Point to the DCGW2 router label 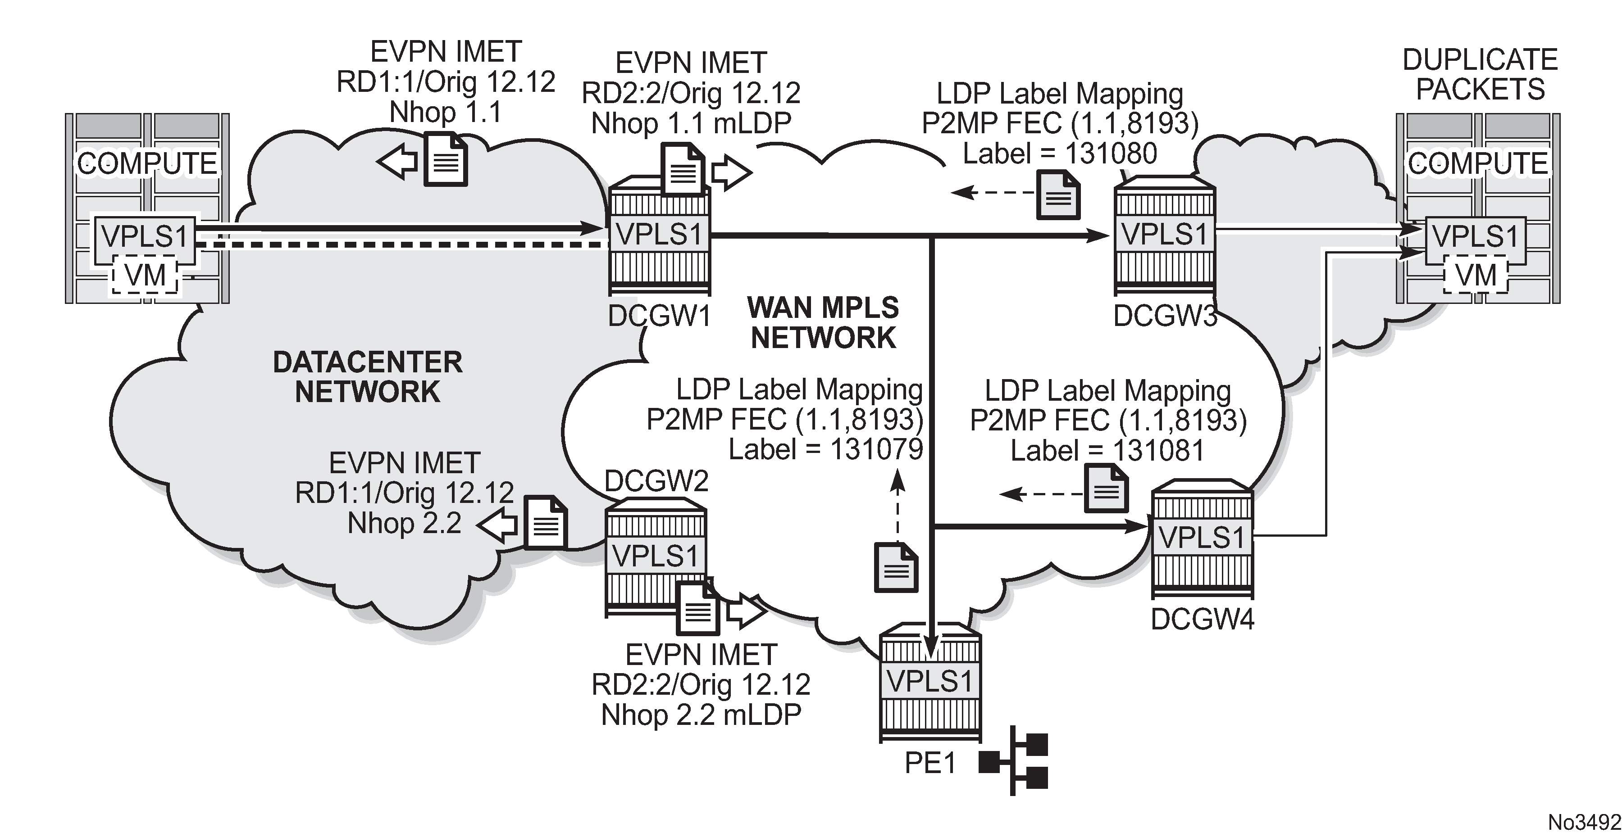tap(656, 481)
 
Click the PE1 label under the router tap(930, 763)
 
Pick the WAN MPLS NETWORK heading tap(823, 323)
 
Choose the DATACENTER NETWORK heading tap(368, 377)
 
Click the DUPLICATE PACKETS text tap(1480, 74)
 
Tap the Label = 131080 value tap(1060, 154)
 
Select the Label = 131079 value tap(825, 449)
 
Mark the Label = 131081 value tap(1107, 451)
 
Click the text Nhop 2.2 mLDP tap(701, 715)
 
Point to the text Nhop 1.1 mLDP tap(691, 123)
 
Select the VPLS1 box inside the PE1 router tap(930, 681)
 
